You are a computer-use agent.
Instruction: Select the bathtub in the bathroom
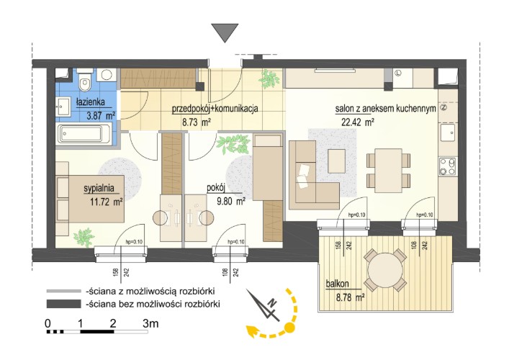84,133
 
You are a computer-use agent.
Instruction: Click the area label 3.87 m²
101,116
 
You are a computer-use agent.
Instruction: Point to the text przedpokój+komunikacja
215,109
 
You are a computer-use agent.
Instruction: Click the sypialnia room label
99,188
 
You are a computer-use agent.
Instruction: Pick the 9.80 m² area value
231,202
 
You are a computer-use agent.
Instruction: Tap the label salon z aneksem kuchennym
385,109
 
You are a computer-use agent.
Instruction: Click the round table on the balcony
385,270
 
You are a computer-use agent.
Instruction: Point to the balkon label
338,284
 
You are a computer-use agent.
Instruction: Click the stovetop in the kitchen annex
447,166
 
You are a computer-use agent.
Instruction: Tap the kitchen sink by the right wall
448,132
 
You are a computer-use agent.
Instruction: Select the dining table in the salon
388,171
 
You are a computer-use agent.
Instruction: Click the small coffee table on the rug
336,161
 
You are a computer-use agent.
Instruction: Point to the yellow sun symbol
289,327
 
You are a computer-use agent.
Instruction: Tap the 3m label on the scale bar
150,323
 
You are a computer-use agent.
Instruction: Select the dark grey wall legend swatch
63,304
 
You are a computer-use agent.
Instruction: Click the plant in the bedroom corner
84,238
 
